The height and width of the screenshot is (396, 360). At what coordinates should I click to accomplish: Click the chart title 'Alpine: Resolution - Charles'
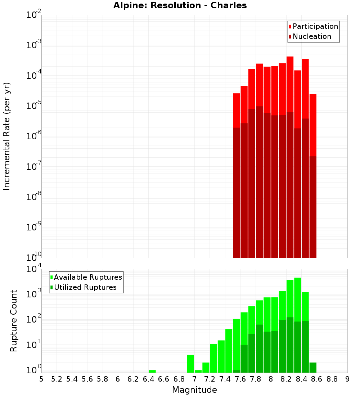tap(180, 6)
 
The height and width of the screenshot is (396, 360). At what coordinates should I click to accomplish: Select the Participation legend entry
tap(313, 27)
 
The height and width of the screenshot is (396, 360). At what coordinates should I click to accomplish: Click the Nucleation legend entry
tap(310, 37)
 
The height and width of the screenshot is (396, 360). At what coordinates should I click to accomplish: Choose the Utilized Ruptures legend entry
tap(83, 288)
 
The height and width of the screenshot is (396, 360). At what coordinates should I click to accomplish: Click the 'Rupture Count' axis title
tap(14, 321)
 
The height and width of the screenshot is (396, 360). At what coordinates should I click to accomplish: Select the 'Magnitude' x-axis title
tap(194, 390)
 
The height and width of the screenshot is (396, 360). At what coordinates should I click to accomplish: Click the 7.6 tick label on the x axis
tap(240, 379)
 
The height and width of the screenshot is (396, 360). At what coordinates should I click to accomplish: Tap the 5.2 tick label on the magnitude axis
tap(57, 379)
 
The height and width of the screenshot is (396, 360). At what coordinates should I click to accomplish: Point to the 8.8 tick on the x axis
tap(332, 379)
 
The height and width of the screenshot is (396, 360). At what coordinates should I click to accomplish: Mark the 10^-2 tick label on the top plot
tap(34, 15)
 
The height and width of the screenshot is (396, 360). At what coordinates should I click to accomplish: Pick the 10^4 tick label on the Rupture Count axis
tap(34, 269)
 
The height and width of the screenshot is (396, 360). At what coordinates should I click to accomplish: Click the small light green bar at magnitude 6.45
tap(152, 371)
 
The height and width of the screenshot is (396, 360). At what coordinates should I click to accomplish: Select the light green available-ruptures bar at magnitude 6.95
tap(190, 364)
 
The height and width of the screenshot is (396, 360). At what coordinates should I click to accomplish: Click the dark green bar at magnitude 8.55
tap(313, 368)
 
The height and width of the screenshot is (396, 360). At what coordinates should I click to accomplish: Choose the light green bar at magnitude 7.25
tap(213, 358)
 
